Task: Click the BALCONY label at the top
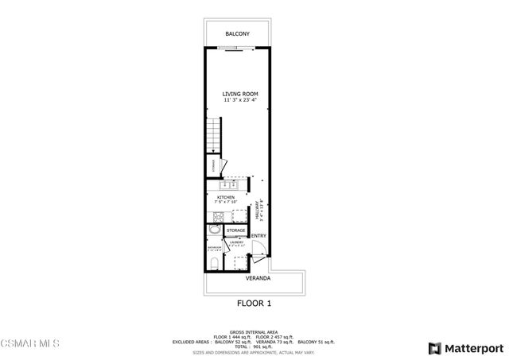237,34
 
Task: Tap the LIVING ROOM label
240,95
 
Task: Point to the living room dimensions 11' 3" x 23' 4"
240,101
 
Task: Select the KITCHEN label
226,197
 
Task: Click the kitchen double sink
227,185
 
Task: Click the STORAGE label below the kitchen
235,230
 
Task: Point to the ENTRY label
258,236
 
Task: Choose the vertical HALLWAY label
258,211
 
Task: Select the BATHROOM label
214,248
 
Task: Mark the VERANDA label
257,279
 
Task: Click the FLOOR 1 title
254,303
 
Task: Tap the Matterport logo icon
434,348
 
